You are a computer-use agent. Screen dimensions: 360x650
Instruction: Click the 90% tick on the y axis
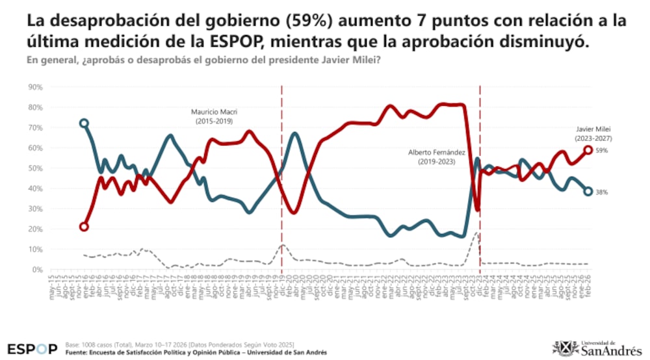(34, 87)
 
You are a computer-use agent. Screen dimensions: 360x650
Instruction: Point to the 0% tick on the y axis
(36, 270)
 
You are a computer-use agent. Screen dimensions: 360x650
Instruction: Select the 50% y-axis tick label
(34, 168)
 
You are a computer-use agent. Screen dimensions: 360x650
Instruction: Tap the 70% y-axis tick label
(34, 127)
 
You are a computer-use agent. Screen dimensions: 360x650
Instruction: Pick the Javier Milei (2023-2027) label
(593, 134)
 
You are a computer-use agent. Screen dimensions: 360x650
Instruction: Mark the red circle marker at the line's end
(587, 150)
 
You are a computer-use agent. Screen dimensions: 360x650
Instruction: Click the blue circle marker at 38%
(587, 191)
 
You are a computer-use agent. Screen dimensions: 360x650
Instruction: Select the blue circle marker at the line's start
(84, 123)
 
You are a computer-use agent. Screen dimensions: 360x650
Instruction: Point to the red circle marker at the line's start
(84, 227)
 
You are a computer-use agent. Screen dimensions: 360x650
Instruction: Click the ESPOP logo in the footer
(32, 348)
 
